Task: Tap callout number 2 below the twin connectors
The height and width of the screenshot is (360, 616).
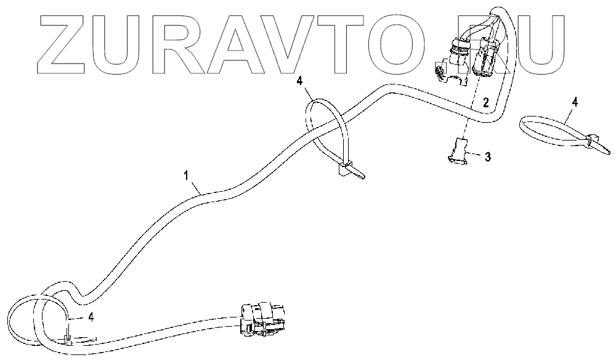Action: tap(485, 103)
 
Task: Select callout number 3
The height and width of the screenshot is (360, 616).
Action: tap(487, 157)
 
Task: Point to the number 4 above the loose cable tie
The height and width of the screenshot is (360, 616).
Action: tap(574, 102)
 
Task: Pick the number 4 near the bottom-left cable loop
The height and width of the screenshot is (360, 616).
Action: tap(91, 318)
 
